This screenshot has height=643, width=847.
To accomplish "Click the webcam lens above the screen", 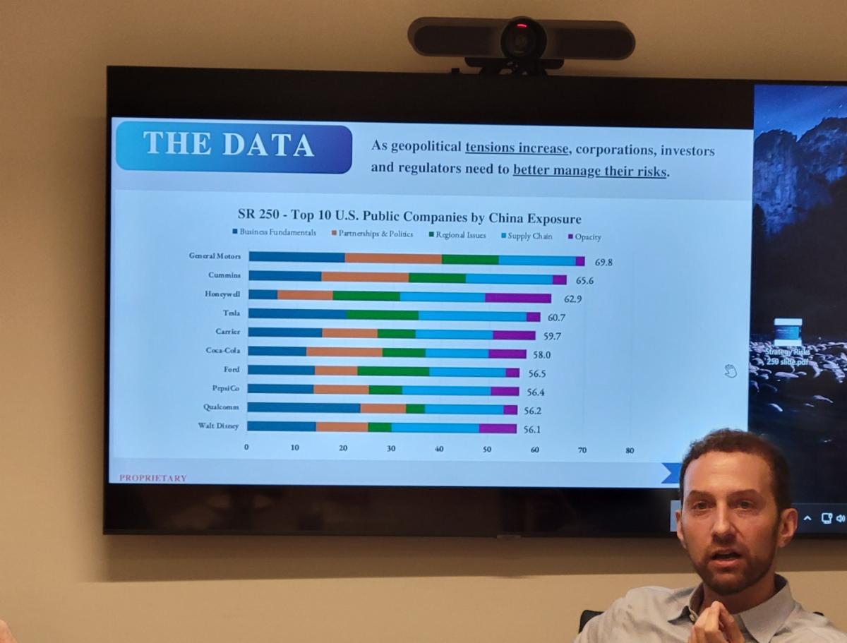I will point(523,40).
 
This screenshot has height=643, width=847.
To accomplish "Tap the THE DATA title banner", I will point(233,146).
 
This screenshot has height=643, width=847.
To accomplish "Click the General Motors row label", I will point(215,256).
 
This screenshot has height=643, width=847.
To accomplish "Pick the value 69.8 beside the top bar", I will point(603,262).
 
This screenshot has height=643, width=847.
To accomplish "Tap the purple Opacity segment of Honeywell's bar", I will point(518,297).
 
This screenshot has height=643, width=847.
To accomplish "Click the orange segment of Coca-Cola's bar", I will point(344,352).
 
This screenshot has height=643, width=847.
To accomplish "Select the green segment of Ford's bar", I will point(393,371).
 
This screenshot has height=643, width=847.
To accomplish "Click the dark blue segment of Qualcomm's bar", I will point(304,408).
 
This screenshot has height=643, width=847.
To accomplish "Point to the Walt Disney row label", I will point(218,426).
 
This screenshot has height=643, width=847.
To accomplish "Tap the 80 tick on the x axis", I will point(630,450).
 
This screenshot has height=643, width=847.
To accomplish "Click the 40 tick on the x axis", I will point(439,449).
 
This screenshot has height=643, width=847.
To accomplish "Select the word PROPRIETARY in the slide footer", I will point(153,478).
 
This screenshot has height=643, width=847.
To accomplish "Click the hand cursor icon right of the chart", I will point(731,371).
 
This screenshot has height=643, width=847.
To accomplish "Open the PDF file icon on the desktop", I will point(788,332).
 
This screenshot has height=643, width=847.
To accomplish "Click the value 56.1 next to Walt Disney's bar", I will point(533,428).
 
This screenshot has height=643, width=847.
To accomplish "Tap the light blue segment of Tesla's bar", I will point(472,316).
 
